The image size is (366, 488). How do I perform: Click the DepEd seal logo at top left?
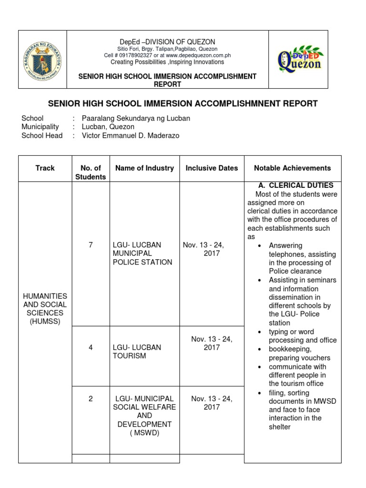point(42,60)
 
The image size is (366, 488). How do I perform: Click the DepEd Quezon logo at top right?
point(299,59)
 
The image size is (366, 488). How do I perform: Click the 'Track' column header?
point(45,168)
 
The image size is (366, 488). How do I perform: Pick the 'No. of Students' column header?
point(91,173)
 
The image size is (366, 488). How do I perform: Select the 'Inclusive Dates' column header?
point(212,168)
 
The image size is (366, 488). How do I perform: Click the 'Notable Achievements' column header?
point(292,168)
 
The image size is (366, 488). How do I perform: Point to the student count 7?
point(91,245)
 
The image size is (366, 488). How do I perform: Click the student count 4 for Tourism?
point(91,347)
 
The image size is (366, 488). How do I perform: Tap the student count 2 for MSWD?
point(91,398)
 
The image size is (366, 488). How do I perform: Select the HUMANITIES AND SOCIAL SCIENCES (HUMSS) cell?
point(45,309)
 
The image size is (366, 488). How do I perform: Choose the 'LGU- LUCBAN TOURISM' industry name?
point(137,352)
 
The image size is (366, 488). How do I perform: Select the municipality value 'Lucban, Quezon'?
point(108,127)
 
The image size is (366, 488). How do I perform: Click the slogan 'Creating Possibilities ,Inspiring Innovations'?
point(167,62)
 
